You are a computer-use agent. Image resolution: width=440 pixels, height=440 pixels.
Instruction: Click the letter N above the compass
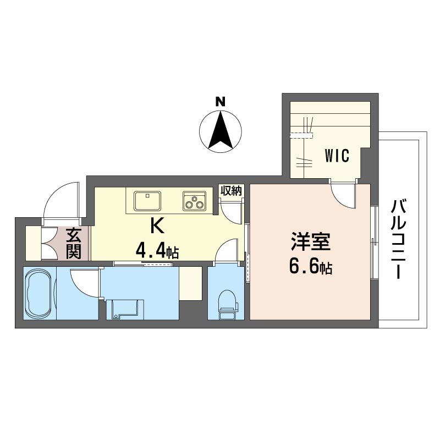[x=221, y=101]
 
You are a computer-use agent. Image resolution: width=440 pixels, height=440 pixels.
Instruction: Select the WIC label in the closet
[x=337, y=156]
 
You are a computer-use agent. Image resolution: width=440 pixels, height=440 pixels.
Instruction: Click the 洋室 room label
[x=311, y=242]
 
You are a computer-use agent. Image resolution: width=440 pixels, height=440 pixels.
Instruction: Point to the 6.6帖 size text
[x=311, y=267]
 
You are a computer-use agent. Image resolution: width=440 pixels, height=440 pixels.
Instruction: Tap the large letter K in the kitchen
[x=157, y=226]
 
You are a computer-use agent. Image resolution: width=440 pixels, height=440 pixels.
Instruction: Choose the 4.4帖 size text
[x=157, y=251]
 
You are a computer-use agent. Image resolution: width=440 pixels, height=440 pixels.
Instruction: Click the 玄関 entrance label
[x=74, y=243]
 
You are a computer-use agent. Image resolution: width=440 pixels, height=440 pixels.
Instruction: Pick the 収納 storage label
[x=230, y=191]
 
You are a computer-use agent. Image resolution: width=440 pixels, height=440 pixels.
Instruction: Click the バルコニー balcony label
[x=398, y=239]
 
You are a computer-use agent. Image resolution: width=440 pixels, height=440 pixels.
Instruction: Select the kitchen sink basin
[x=147, y=201]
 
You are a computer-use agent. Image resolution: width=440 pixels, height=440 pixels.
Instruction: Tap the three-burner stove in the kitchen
[x=195, y=201]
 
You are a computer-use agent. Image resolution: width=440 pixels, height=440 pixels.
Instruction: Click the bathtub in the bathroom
[x=39, y=293]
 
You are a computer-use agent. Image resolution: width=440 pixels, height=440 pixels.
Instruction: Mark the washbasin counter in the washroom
[x=125, y=310]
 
